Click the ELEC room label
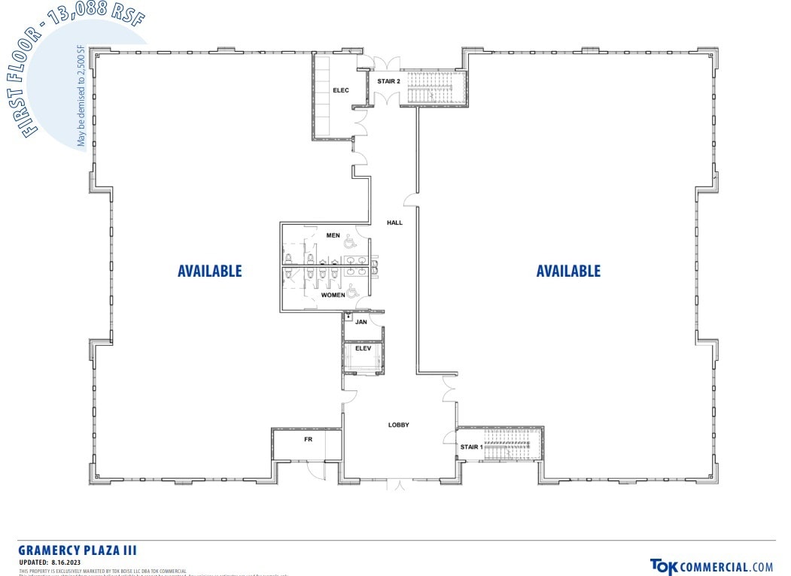click(x=341, y=91)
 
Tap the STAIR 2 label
click(x=388, y=81)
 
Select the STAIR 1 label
click(x=470, y=447)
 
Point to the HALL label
click(x=394, y=223)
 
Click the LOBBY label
click(x=398, y=425)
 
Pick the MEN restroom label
click(x=333, y=235)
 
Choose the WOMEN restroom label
click(x=333, y=295)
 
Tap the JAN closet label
click(x=361, y=322)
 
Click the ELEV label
click(x=364, y=348)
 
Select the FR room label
click(x=308, y=438)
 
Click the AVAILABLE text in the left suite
click(x=210, y=271)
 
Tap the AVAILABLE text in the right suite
click(x=568, y=271)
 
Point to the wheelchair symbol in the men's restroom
click(x=349, y=241)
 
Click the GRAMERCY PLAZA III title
click(x=78, y=551)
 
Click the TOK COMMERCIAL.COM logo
click(x=711, y=567)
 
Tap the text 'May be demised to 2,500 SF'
click(x=81, y=96)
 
